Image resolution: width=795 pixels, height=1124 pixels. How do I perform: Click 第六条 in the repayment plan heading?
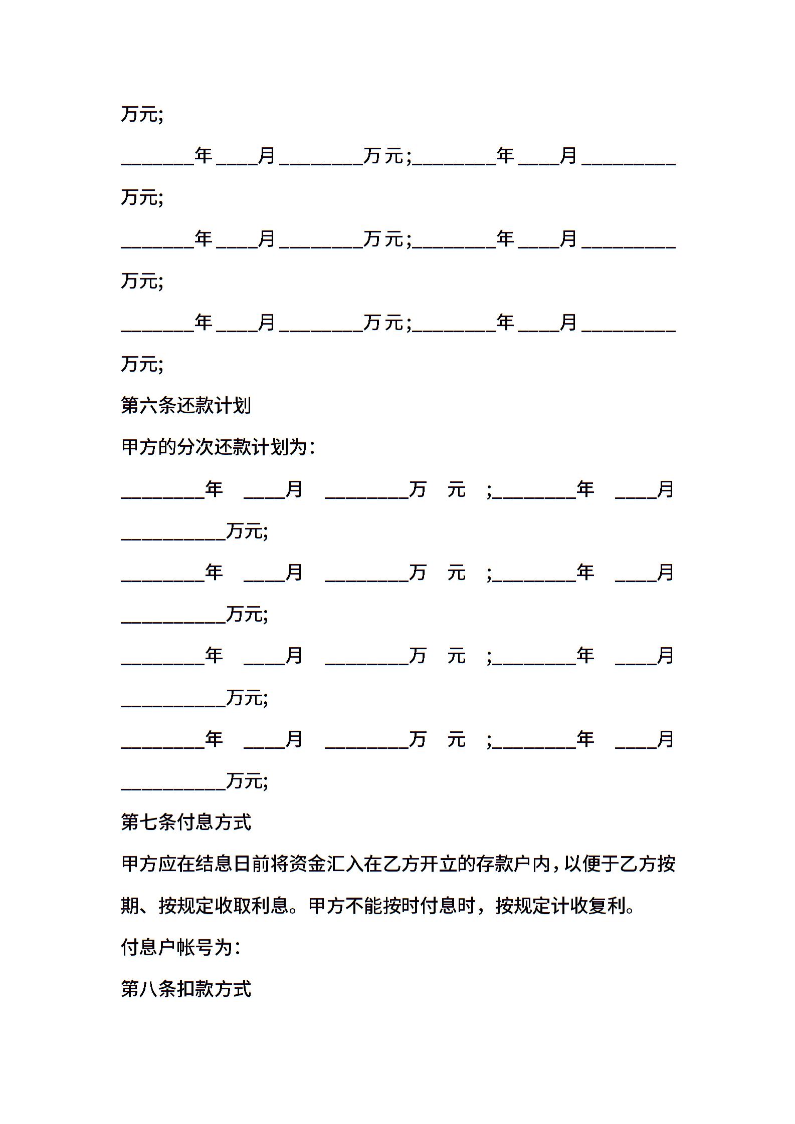pos(149,406)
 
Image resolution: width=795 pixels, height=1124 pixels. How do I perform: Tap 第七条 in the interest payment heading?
pos(149,822)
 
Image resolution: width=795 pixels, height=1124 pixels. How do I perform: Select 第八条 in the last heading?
pos(149,989)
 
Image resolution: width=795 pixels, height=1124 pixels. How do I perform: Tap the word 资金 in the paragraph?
pos(299,864)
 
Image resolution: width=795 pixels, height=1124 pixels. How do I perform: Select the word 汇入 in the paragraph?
pos(336,864)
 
